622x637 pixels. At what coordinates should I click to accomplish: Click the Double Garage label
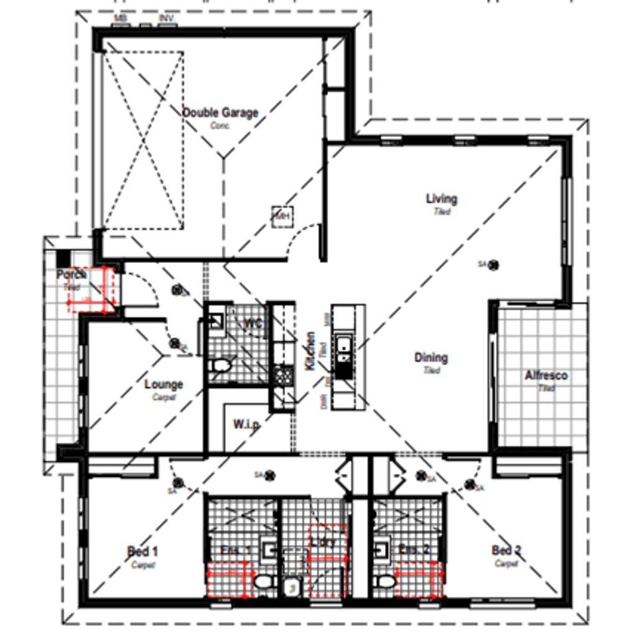click(220, 113)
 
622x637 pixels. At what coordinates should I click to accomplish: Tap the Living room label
click(442, 199)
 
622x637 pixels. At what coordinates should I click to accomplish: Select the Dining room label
click(431, 358)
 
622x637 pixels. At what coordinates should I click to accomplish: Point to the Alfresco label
click(546, 376)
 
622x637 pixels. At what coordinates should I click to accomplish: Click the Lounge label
click(164, 384)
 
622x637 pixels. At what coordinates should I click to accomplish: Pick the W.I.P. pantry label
click(246, 424)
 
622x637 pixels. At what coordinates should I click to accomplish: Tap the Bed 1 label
click(142, 551)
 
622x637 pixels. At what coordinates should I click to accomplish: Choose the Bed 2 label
click(506, 550)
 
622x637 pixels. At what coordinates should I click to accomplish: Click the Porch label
click(72, 274)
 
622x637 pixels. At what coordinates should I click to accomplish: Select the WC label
click(253, 323)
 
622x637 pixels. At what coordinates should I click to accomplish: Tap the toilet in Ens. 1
click(263, 582)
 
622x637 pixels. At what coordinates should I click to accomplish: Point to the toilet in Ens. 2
click(386, 582)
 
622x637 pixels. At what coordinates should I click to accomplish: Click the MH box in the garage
click(281, 216)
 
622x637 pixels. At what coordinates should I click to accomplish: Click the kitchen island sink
click(343, 349)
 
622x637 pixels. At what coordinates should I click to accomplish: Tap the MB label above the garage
click(121, 19)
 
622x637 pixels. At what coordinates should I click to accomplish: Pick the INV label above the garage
click(166, 19)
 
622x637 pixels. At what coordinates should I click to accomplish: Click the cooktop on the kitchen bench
click(283, 376)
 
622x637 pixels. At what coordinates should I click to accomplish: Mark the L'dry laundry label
click(324, 542)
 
